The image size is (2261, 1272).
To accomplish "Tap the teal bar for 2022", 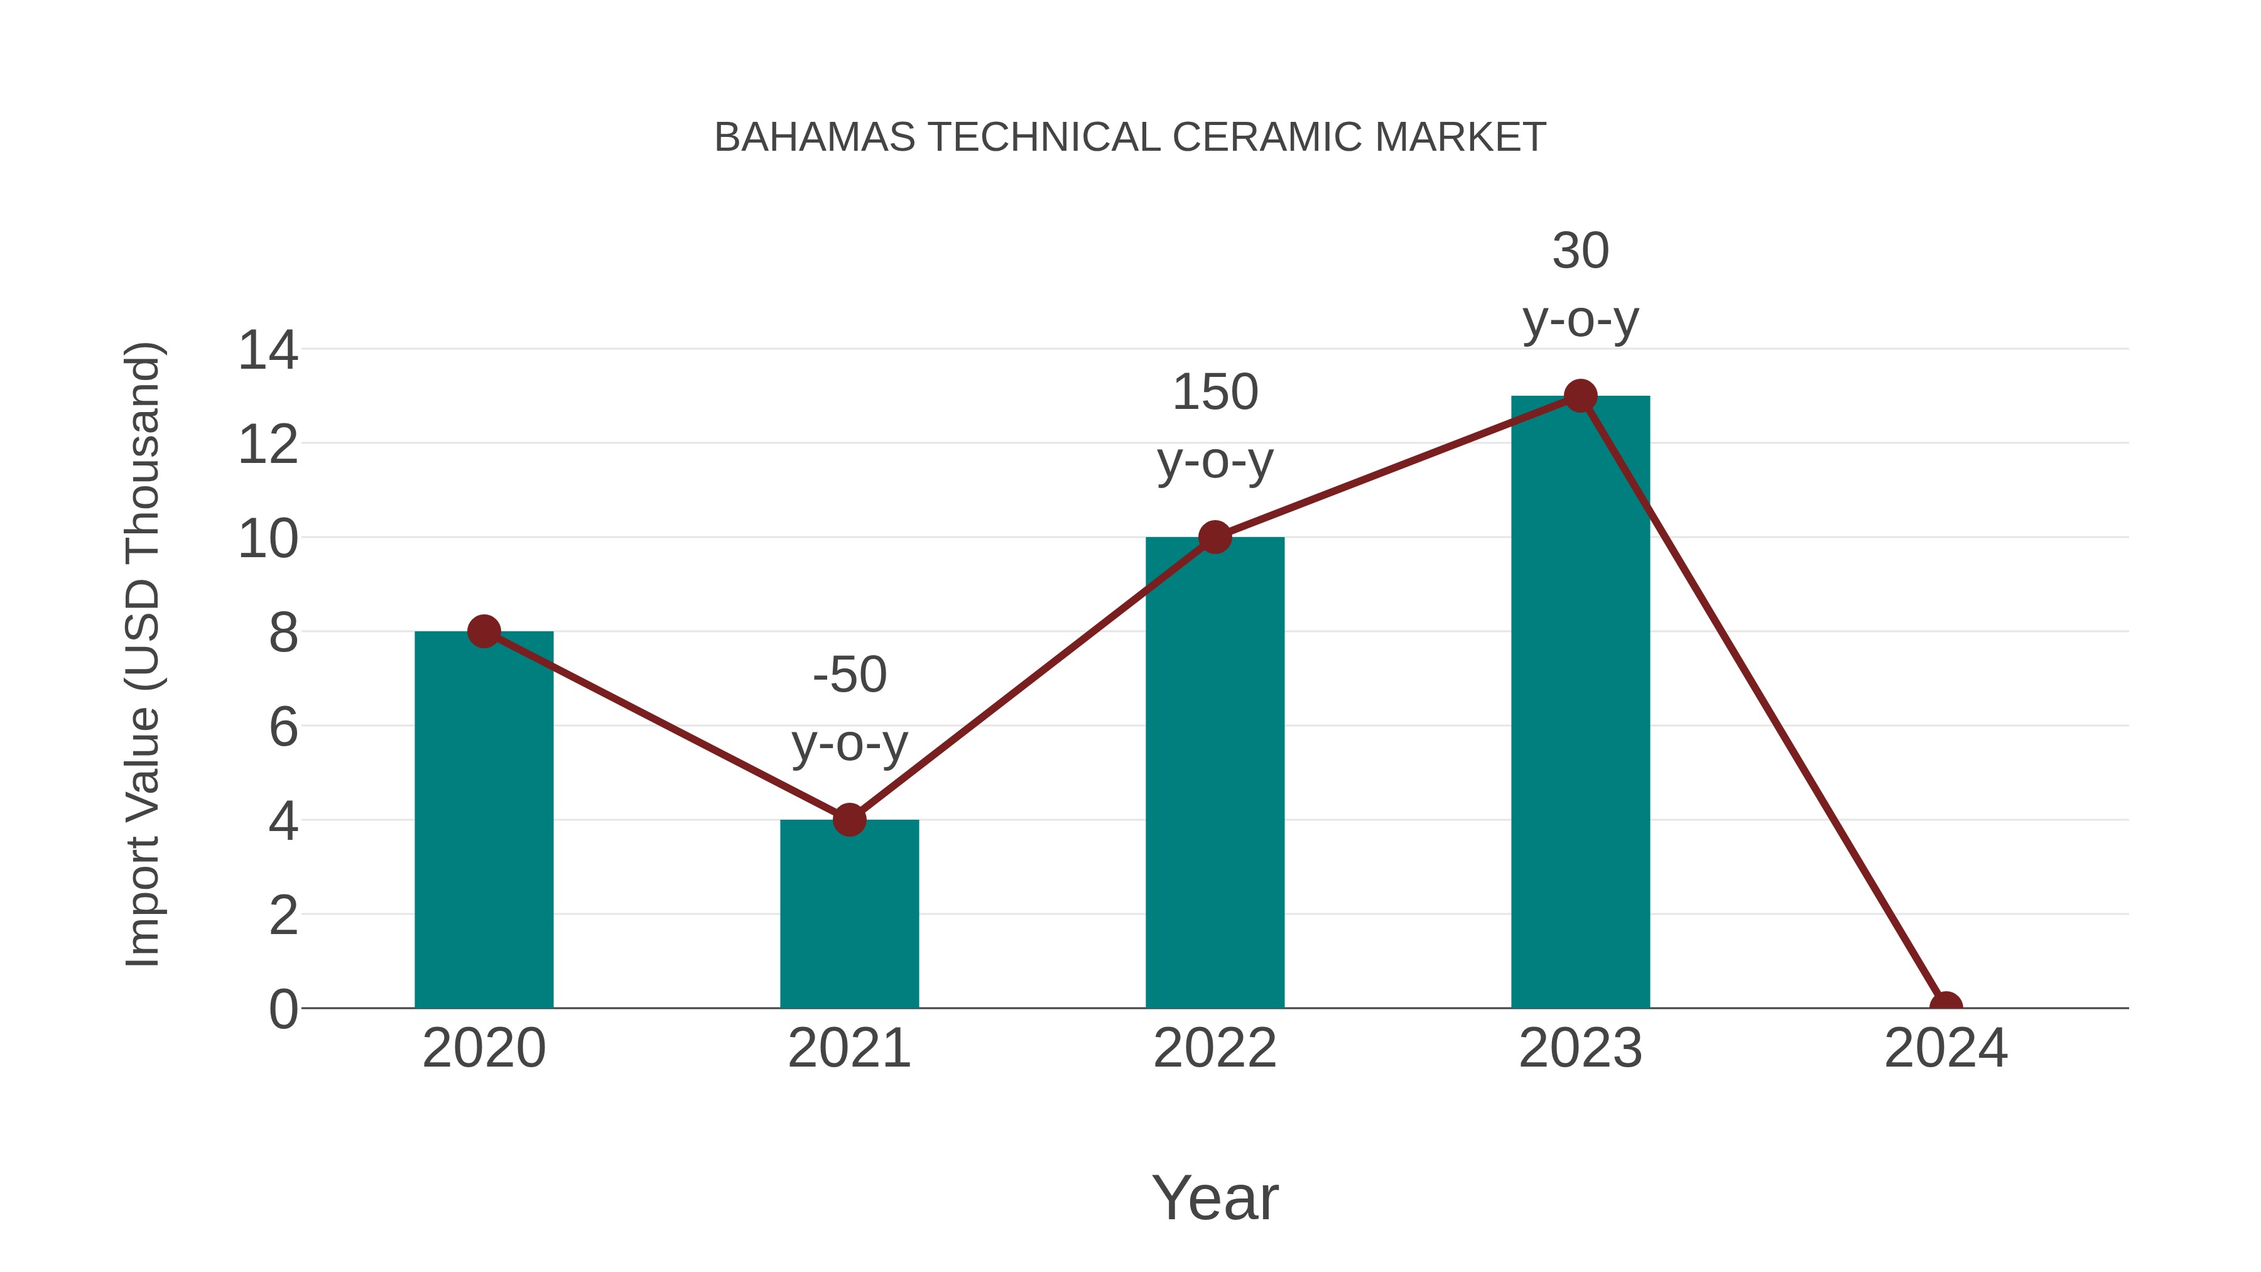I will click(x=1215, y=773).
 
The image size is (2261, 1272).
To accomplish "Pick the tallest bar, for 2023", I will click(x=1580, y=702).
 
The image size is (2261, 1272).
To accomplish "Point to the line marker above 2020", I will click(x=484, y=631).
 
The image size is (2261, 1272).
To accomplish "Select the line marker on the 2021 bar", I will click(x=849, y=820).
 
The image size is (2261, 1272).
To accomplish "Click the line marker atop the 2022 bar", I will click(x=1215, y=537).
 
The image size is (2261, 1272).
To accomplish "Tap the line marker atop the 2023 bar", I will click(x=1580, y=396).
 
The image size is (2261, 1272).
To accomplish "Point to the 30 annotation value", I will click(x=1580, y=251).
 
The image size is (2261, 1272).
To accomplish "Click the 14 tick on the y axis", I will click(x=268, y=351).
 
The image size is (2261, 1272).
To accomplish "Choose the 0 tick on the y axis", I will click(x=283, y=1009).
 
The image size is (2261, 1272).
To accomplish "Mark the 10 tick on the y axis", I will click(x=268, y=539).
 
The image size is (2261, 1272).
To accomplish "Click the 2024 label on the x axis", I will click(x=1945, y=1048).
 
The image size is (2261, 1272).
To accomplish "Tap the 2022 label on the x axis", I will click(x=1215, y=1048).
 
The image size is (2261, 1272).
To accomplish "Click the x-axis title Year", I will click(x=1215, y=1197).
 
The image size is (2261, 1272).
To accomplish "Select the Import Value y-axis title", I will click(x=142, y=654).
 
